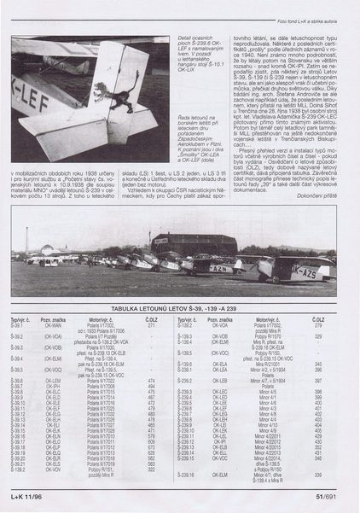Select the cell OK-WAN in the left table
tap(52, 325)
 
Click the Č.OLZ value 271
tap(151, 325)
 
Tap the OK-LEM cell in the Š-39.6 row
tap(52, 379)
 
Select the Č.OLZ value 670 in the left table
tap(151, 446)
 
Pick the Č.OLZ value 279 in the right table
tap(318, 325)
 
